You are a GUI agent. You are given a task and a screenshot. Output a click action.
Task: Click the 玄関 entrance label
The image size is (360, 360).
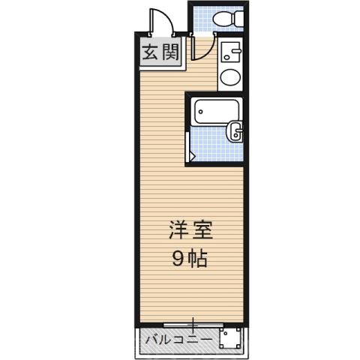pyautogui.click(x=161, y=54)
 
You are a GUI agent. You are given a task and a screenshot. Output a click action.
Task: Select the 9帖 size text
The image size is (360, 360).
pyautogui.click(x=190, y=259)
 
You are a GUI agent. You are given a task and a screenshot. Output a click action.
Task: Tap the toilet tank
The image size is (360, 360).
pyautogui.click(x=239, y=18)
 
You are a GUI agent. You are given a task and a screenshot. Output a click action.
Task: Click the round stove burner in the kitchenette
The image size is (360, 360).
pyautogui.click(x=231, y=76)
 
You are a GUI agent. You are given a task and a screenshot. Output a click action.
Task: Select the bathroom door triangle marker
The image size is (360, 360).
pyautogui.click(x=192, y=156)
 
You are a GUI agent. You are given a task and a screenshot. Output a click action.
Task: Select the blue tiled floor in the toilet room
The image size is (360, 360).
pyautogui.click(x=201, y=19)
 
